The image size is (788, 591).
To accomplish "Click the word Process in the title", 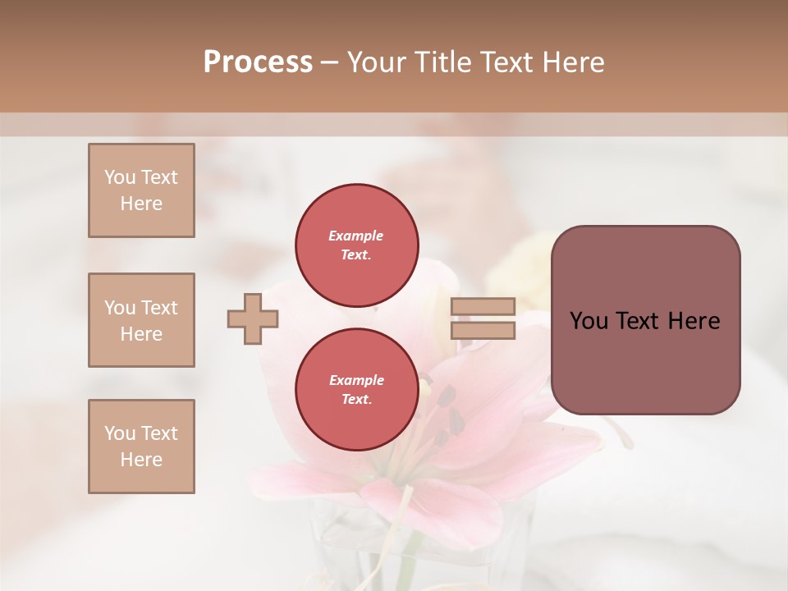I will tap(258, 62).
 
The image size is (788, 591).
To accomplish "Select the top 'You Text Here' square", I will tap(141, 190).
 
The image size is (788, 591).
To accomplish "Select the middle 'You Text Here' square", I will tap(141, 320).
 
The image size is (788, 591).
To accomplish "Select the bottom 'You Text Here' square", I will tap(141, 447).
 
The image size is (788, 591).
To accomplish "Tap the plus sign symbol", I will tap(253, 318).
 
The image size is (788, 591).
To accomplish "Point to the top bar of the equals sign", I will tap(483, 306).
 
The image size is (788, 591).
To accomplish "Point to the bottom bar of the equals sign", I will tap(483, 331).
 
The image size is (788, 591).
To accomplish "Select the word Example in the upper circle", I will tap(355, 236).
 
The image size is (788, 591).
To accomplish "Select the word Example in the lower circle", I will tap(356, 380).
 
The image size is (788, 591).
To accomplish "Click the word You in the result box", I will tap(589, 321).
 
